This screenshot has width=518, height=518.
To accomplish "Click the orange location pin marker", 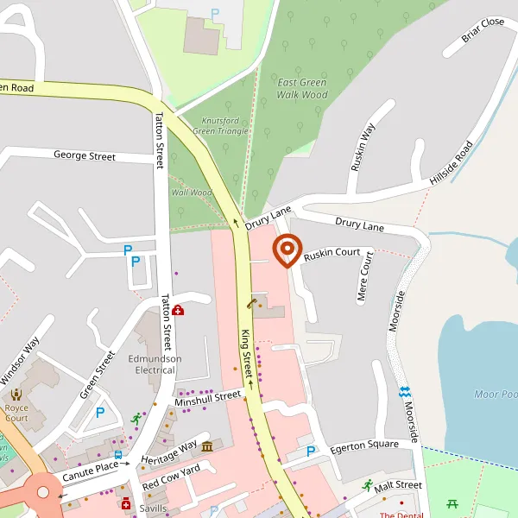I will coord(287,250).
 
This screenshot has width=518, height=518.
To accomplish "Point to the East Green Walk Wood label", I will coord(302,88).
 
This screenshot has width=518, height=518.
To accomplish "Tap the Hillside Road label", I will coord(452,163).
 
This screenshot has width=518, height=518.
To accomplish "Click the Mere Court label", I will coord(364,277).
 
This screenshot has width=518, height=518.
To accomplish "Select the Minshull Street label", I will coord(208,398).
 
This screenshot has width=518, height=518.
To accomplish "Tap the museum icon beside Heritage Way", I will coord(207,445).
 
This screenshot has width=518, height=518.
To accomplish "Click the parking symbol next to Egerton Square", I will coord(312,451).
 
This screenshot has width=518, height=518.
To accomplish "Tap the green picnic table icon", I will coord(452,503).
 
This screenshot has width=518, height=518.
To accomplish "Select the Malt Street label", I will coord(398,485).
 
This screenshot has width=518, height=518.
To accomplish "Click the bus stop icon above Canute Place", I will coord(118,454).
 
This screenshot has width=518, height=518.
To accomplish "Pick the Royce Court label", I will coord(16,413).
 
